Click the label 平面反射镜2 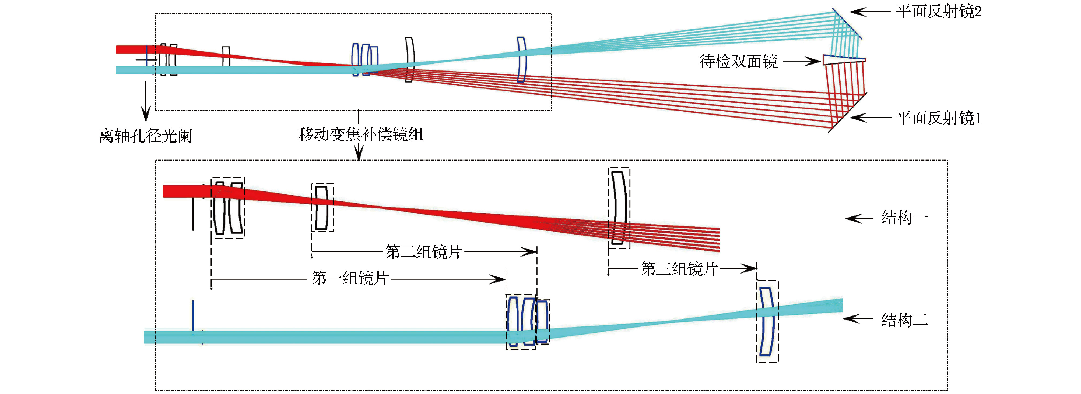[939, 12]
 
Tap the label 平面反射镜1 [939, 118]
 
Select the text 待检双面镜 [739, 62]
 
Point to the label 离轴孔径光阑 [146, 136]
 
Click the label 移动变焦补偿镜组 [360, 134]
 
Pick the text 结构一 [904, 218]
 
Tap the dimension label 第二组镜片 [424, 252]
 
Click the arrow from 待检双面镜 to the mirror [802, 62]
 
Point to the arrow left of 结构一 [859, 218]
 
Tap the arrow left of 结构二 [858, 319]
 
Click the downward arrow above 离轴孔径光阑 [146, 101]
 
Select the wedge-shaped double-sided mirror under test [844, 60]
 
